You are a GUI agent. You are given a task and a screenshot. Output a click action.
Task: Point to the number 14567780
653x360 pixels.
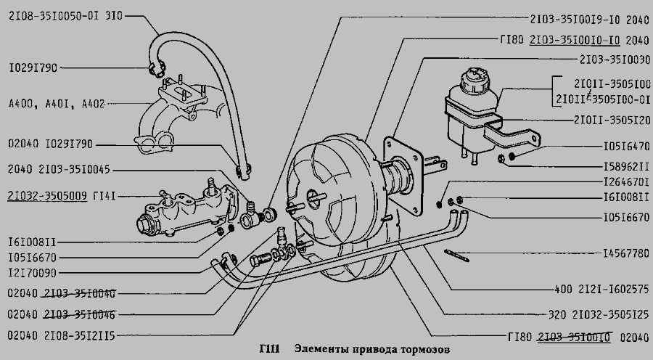tap(625, 254)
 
